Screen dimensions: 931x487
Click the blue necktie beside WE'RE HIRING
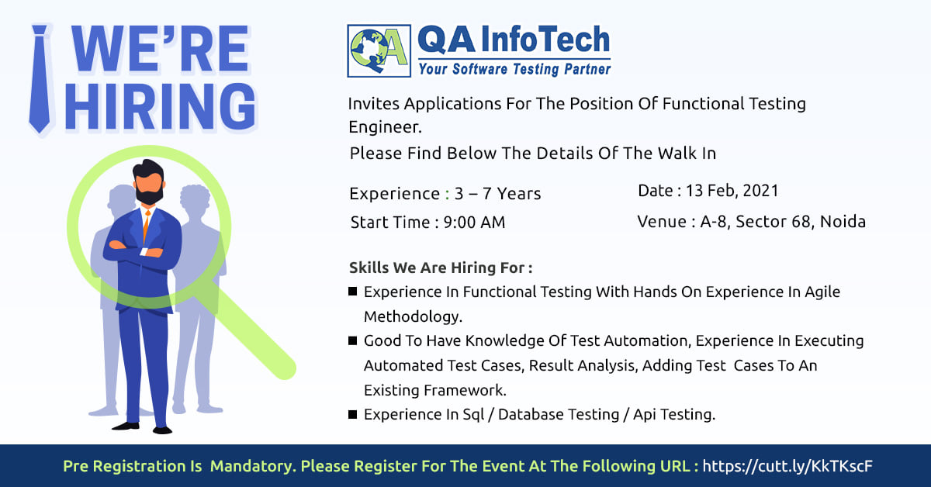(x=40, y=79)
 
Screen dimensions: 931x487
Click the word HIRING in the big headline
(x=161, y=106)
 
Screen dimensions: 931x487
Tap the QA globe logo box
(x=379, y=50)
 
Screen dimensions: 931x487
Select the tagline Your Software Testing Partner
(x=514, y=69)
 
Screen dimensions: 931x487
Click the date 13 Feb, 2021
(x=732, y=191)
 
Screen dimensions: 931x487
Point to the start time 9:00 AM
(x=474, y=223)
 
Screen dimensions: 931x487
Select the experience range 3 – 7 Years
(x=497, y=194)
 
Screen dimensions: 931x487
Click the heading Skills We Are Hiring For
(x=441, y=268)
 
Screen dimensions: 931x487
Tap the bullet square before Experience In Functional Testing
(x=352, y=292)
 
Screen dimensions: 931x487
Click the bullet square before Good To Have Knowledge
(x=352, y=340)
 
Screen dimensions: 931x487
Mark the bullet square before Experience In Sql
(x=352, y=414)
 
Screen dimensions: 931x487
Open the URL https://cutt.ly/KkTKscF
(x=787, y=466)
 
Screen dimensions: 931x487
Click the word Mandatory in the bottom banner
(x=253, y=466)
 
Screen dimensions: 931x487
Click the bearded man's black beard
(x=149, y=195)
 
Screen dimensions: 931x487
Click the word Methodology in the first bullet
(x=413, y=316)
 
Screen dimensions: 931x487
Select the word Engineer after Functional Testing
(x=385, y=127)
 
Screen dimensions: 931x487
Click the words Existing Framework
(x=434, y=390)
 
